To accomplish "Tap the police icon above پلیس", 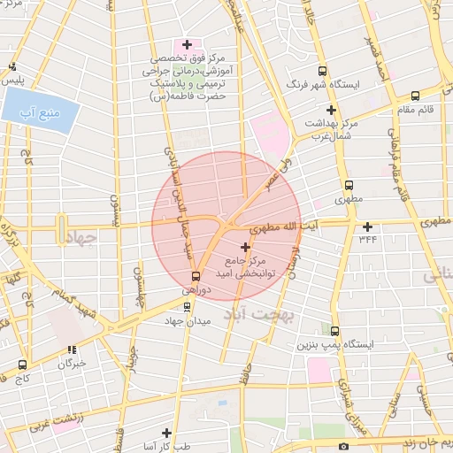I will [x=12, y=66].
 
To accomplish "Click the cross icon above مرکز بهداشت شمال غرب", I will [x=331, y=110].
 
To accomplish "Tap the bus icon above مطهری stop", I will [x=349, y=186].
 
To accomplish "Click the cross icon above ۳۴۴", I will [x=367, y=226].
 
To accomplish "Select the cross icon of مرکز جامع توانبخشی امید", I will [x=245, y=246].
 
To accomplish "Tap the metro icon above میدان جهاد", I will [x=186, y=307].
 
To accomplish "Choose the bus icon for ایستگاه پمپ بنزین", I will [x=334, y=330].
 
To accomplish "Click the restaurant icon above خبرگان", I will [x=71, y=349].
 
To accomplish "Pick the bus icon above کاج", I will [x=21, y=364].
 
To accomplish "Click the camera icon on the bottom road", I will [x=343, y=446].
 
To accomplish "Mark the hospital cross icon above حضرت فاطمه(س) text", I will [x=186, y=45].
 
